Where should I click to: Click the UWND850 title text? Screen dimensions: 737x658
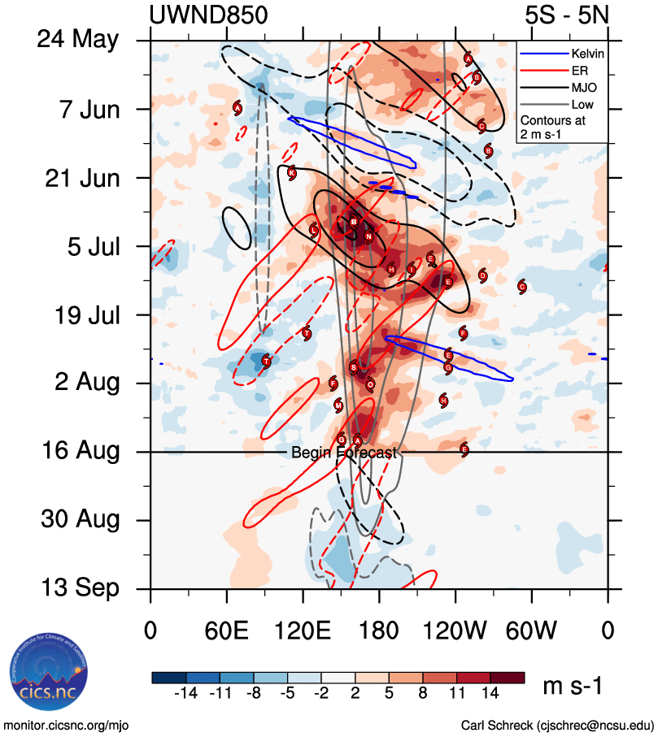point(208,15)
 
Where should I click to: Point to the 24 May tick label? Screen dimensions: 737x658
point(78,41)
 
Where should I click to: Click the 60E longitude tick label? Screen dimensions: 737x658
point(227,631)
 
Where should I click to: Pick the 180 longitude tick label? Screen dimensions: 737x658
point(379,631)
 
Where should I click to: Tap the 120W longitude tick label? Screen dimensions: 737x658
point(455,631)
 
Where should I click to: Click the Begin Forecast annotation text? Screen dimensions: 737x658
point(343,453)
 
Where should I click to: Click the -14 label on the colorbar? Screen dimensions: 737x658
point(186,693)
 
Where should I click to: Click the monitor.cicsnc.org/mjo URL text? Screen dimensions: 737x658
point(67,725)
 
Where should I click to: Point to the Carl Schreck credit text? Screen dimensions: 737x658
point(557,725)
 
